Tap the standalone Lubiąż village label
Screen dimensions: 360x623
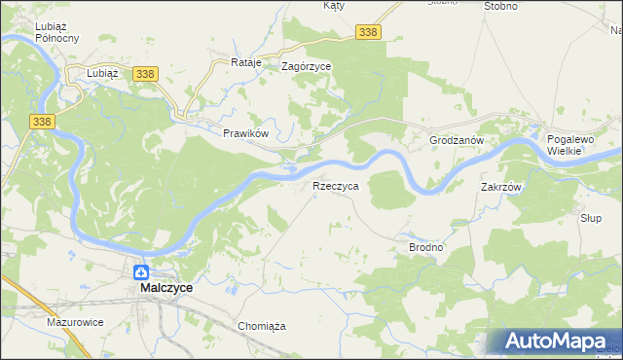tap(102, 73)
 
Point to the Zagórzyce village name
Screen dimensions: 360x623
tap(306, 67)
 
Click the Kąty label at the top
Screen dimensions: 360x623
tap(334, 6)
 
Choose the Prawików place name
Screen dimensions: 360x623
tap(244, 133)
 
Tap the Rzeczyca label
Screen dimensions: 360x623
tap(335, 185)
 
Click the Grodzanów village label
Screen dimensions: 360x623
tap(457, 141)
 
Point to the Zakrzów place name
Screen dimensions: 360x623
tap(502, 187)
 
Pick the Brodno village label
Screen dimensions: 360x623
tap(424, 248)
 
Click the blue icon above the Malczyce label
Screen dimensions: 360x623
tap(141, 272)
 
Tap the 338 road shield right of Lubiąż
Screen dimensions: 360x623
tap(146, 74)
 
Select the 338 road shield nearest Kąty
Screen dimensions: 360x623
tap(368, 33)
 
